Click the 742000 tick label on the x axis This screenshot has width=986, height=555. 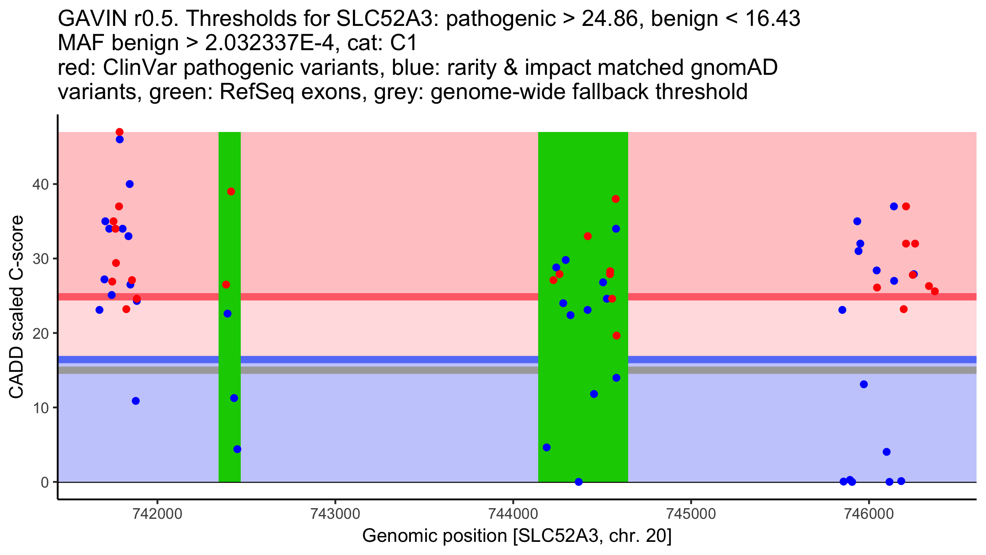click(x=158, y=514)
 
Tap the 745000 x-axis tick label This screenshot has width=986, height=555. click(x=691, y=514)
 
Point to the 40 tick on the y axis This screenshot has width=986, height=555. click(x=40, y=184)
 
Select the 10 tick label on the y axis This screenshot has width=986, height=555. click(x=40, y=408)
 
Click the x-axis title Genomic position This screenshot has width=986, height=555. click(x=517, y=536)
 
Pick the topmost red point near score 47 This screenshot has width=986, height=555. click(x=120, y=132)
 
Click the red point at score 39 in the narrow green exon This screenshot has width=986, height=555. click(x=231, y=192)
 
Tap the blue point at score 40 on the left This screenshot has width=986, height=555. click(x=129, y=184)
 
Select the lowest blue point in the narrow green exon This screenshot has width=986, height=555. click(x=237, y=449)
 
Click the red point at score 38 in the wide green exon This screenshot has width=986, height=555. click(x=615, y=199)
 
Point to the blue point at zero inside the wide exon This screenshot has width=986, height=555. click(x=578, y=482)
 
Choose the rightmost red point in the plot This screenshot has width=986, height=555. click(x=935, y=291)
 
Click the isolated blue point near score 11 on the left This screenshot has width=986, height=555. click(x=136, y=401)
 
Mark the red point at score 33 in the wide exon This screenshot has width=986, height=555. click(x=587, y=236)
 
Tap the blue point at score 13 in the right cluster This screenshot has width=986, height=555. click(x=864, y=384)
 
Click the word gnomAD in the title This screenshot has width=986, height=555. click(x=734, y=68)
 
